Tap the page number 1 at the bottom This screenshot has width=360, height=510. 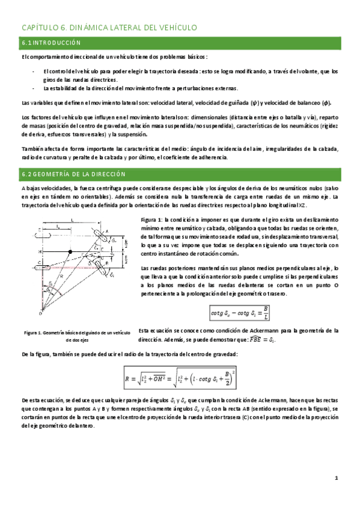pyautogui.click(x=337, y=478)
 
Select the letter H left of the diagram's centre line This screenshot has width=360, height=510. pyautogui.click(x=38, y=251)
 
